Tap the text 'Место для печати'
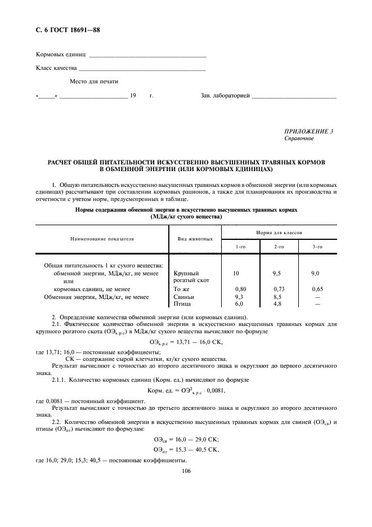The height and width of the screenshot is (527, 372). pyautogui.click(x=94, y=82)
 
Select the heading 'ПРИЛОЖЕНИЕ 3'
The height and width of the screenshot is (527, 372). pyautogui.click(x=308, y=131)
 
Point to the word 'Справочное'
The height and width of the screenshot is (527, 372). pyautogui.click(x=299, y=138)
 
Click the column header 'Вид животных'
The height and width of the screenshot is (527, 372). pyautogui.click(x=194, y=239)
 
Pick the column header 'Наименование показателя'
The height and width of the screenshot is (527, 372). pyautogui.click(x=102, y=239)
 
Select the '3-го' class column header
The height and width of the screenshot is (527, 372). pyautogui.click(x=317, y=247)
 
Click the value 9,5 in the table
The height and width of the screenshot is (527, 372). pyautogui.click(x=276, y=273)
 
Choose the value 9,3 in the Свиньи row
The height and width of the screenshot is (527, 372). pyautogui.click(x=239, y=297)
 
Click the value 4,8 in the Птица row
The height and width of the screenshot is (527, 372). pyautogui.click(x=277, y=304)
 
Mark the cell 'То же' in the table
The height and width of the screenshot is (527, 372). pyautogui.click(x=182, y=289)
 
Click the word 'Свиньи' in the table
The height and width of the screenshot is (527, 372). pyautogui.click(x=185, y=297)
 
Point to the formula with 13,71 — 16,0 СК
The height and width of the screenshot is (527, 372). pyautogui.click(x=185, y=342)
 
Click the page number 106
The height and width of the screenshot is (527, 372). pyautogui.click(x=186, y=472)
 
